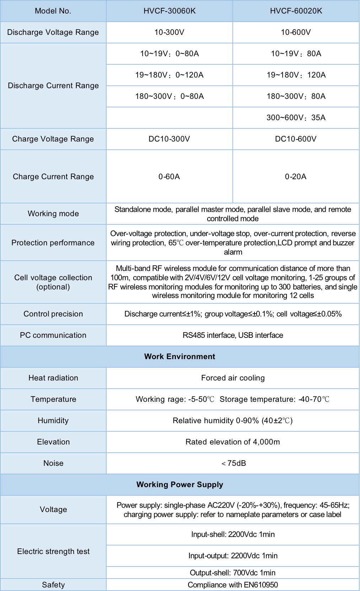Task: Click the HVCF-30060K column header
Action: [x=170, y=11]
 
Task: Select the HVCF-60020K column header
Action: [x=296, y=11]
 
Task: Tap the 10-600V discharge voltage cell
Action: [x=296, y=32]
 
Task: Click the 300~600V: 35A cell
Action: [x=296, y=118]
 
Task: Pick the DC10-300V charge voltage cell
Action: [x=169, y=139]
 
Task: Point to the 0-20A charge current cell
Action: [x=296, y=177]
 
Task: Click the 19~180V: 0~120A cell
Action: [x=169, y=75]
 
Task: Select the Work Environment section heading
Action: [x=180, y=357]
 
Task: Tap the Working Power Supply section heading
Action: [x=180, y=485]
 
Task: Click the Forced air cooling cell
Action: [x=233, y=378]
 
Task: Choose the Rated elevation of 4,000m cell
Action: [x=233, y=442]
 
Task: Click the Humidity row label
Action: [x=53, y=421]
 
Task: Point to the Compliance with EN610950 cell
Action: [x=233, y=585]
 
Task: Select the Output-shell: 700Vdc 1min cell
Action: [x=233, y=573]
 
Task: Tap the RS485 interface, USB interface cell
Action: [x=233, y=335]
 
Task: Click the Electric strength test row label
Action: [x=53, y=552]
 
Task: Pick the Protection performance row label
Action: [x=53, y=243]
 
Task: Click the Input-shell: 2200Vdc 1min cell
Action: [x=233, y=534]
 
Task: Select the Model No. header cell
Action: [x=53, y=11]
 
